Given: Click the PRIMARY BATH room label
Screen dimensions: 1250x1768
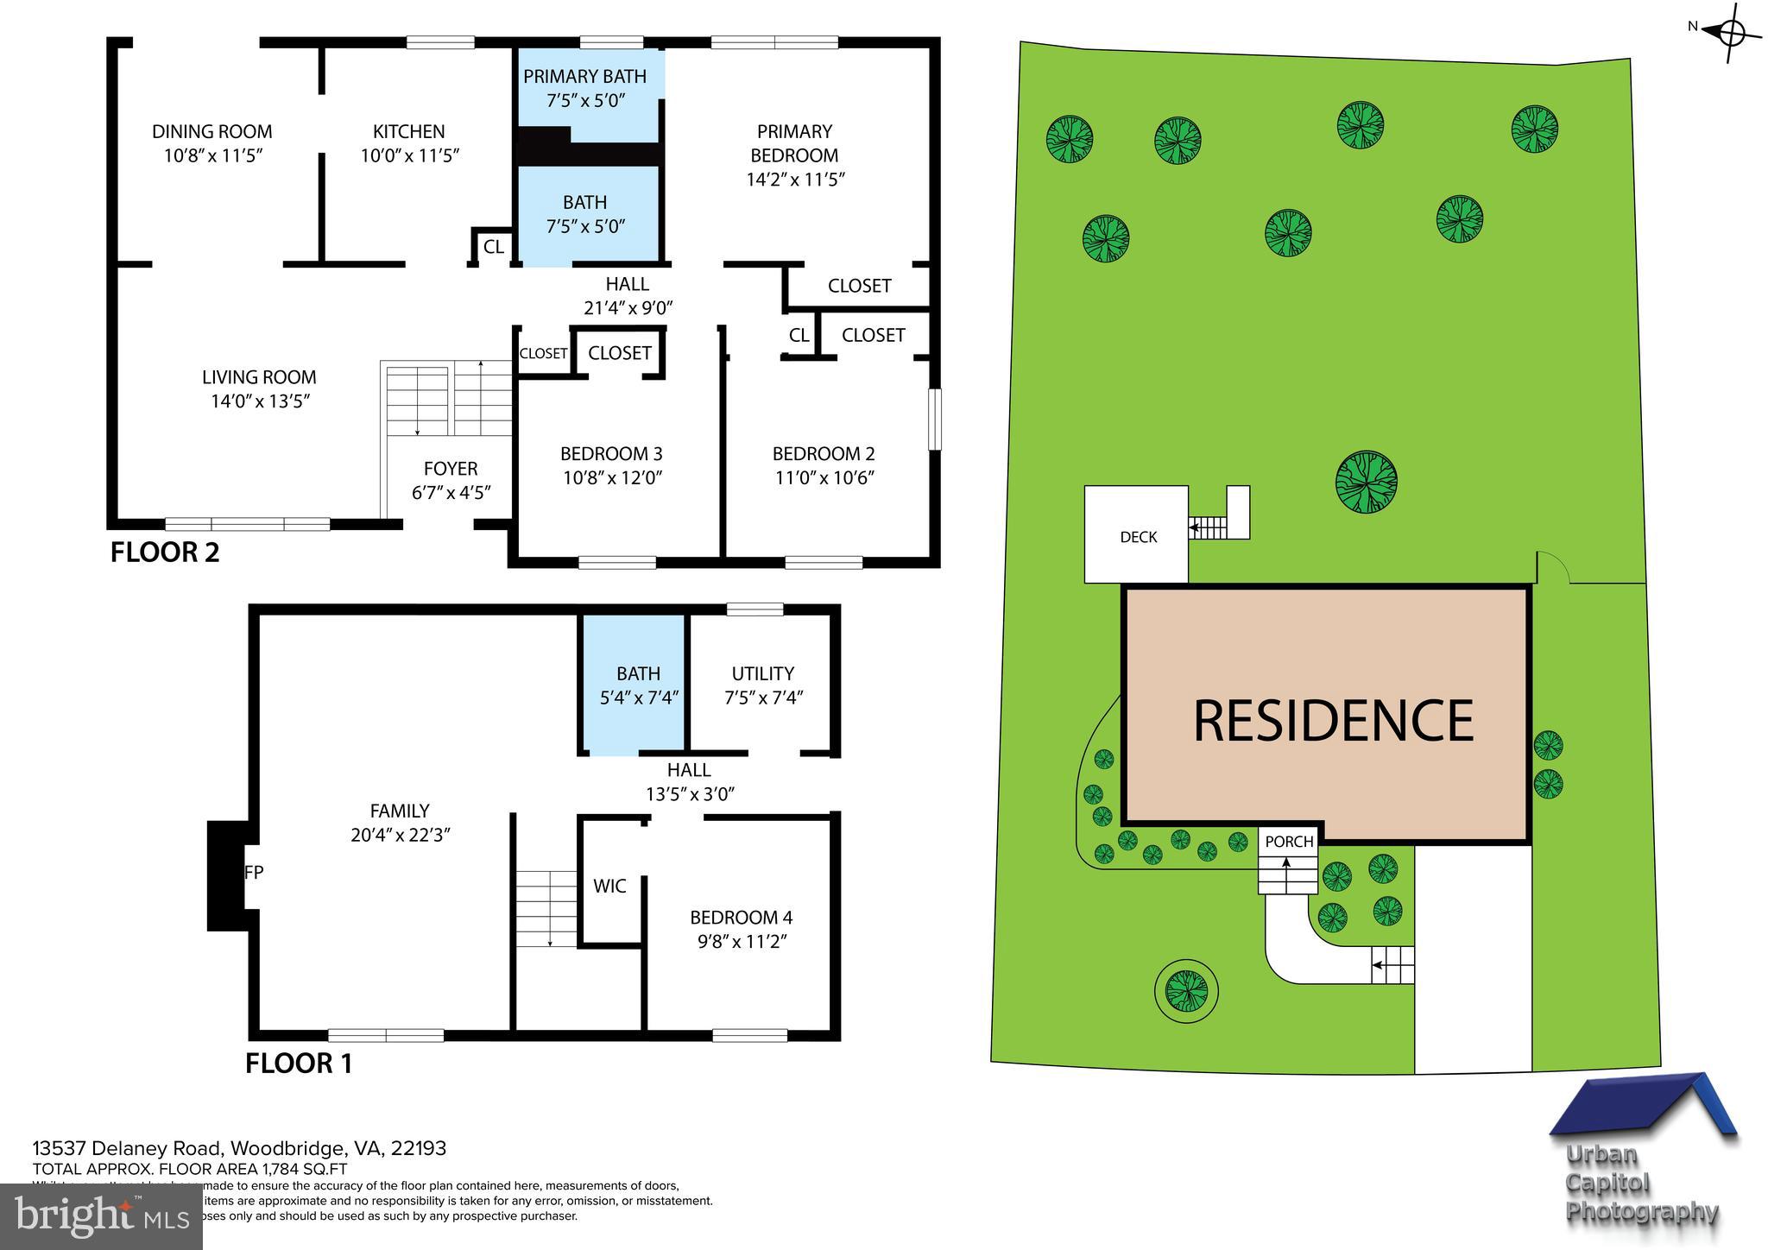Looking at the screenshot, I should click(584, 76).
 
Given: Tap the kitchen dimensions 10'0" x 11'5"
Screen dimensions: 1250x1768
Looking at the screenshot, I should click(409, 156).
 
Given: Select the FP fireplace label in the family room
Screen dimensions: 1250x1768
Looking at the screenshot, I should click(254, 873).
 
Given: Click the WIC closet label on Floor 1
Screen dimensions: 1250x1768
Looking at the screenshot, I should click(609, 887).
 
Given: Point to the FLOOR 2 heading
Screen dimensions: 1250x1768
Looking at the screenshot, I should click(165, 552).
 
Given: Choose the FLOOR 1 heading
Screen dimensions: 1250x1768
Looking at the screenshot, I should click(299, 1064).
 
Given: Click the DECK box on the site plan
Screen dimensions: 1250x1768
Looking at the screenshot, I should click(1137, 536).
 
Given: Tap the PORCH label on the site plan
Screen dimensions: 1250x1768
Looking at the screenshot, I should click(1289, 842).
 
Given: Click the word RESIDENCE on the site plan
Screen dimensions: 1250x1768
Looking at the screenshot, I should click(1333, 721).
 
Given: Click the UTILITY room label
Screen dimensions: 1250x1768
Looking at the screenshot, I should click(762, 673).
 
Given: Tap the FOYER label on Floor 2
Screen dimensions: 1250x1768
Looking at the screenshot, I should click(450, 469).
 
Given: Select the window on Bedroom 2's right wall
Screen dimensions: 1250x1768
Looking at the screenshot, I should click(934, 420).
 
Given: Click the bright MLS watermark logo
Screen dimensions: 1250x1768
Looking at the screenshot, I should click(102, 1217).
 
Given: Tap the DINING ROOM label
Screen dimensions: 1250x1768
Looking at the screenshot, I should click(212, 132).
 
